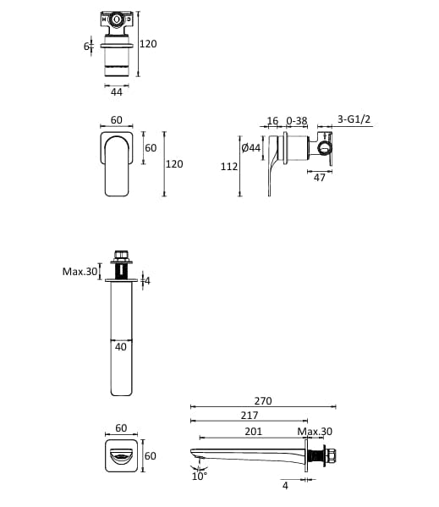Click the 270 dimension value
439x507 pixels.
(x=263, y=401)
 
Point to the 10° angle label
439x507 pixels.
(x=199, y=476)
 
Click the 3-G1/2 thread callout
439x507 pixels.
(x=356, y=119)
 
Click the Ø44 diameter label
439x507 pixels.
(x=251, y=148)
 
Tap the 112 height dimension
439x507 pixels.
(x=229, y=167)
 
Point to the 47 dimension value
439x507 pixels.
(x=321, y=178)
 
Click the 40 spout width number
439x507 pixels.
(x=120, y=345)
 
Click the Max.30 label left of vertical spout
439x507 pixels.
(x=80, y=272)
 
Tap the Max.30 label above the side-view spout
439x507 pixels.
(x=315, y=432)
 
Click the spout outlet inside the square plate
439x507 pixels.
(x=122, y=460)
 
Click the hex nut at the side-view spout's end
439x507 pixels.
(x=333, y=457)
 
